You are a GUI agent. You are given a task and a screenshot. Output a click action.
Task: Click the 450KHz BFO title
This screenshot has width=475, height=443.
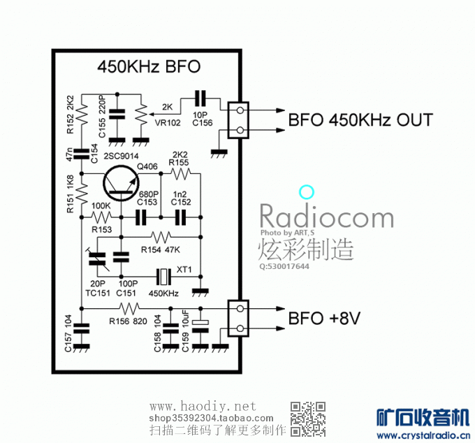149,68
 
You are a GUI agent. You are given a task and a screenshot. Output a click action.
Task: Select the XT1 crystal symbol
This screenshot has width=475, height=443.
165,276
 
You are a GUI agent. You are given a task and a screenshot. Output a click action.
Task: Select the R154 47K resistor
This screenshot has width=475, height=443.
162,236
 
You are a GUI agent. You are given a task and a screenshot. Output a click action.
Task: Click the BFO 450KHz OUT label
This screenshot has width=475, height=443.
360,119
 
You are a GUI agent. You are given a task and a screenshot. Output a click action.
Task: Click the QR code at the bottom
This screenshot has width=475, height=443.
308,418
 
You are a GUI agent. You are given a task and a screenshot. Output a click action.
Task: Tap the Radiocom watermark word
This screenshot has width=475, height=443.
327,217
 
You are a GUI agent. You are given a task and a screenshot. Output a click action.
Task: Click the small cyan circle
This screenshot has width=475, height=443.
306,191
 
